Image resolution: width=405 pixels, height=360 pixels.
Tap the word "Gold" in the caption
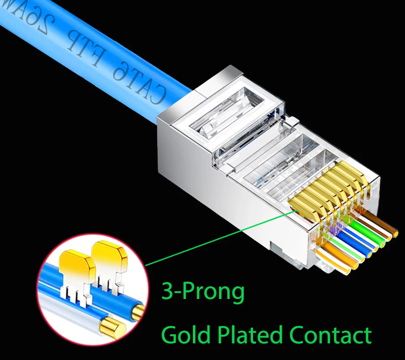(x=186, y=335)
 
